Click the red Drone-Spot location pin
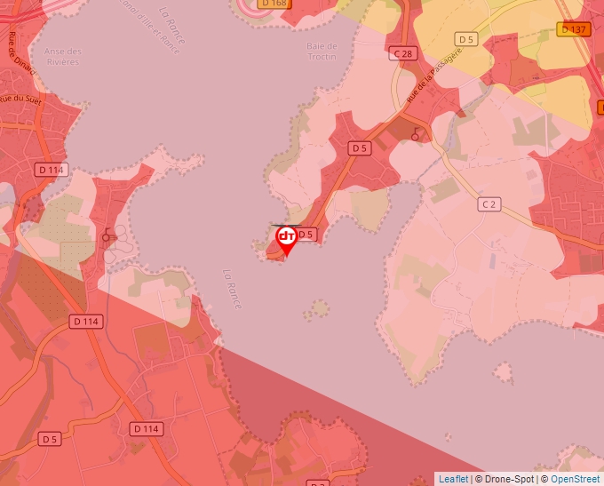(286, 240)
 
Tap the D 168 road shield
(275, 4)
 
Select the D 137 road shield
(574, 29)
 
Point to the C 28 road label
(403, 54)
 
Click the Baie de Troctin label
(322, 52)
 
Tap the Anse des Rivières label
(60, 57)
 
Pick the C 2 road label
(488, 204)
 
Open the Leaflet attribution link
(453, 479)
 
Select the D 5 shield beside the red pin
(306, 234)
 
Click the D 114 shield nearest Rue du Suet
(52, 169)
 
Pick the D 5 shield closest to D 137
(466, 39)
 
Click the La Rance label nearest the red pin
(234, 290)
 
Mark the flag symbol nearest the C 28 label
(415, 133)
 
